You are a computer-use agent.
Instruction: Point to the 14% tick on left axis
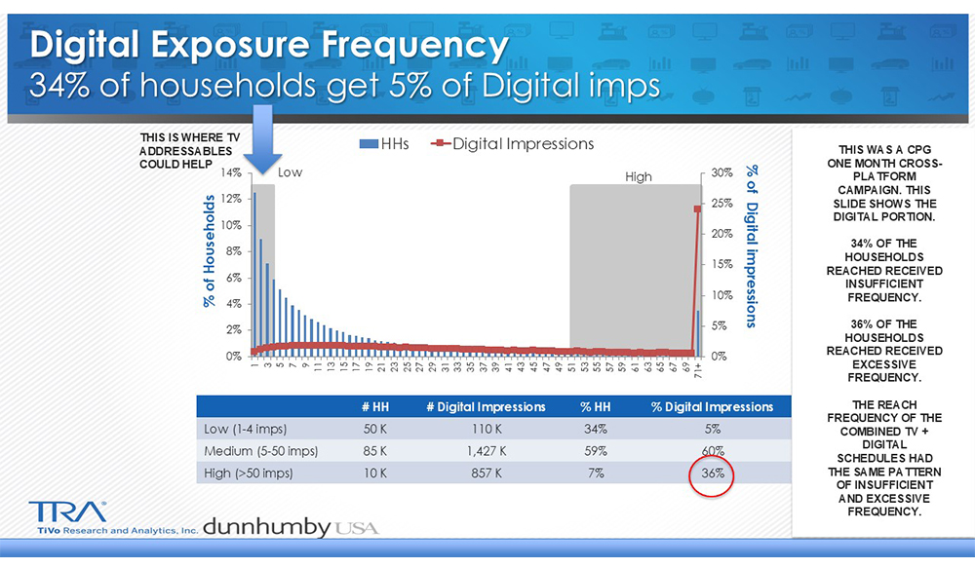point(232,172)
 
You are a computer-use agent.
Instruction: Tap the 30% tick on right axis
point(721,172)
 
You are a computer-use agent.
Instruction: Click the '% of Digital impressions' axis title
point(752,245)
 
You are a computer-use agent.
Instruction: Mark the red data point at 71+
point(697,208)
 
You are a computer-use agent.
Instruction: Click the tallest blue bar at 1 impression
point(254,273)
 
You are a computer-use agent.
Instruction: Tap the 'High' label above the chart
point(638,177)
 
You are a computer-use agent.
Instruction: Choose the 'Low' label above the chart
point(291,172)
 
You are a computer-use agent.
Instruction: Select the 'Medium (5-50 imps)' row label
point(261,451)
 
